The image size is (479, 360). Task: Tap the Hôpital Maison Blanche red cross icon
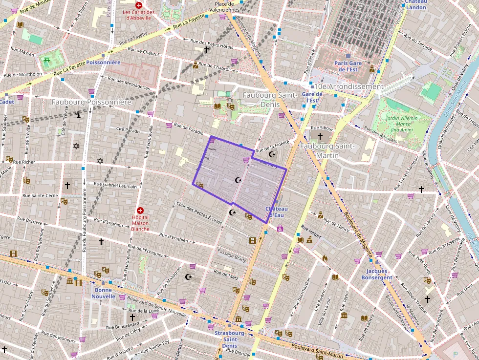140,210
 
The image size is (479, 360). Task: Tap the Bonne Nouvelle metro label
103,293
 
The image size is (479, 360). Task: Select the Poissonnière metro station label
103,63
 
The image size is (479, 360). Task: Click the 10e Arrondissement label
349,86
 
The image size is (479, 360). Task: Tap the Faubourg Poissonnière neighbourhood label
92,102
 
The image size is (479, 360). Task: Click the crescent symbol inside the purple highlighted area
239,180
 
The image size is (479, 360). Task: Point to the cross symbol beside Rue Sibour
320,136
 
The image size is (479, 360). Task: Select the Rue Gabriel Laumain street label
115,185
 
